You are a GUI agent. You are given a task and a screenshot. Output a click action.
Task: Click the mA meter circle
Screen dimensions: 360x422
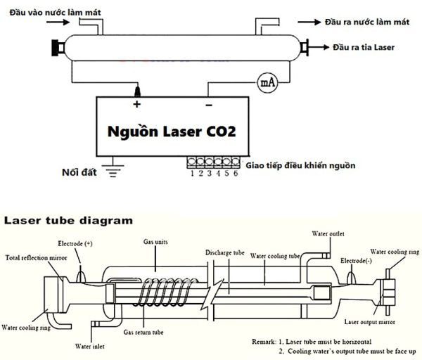coord(267,82)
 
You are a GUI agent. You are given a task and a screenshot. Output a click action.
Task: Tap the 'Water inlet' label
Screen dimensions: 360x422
coord(90,345)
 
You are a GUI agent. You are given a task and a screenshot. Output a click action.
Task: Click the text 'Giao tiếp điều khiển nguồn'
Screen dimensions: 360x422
coord(301,166)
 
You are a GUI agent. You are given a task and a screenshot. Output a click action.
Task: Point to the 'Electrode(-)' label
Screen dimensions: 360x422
coord(355,260)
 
